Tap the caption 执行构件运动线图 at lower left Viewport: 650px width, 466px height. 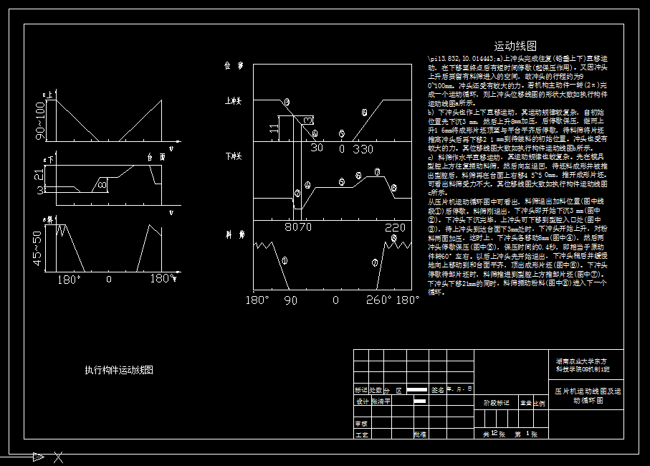point(118,370)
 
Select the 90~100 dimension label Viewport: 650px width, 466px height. point(41,119)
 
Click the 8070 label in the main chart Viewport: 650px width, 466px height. point(299,227)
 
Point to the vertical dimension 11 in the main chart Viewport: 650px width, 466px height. point(274,128)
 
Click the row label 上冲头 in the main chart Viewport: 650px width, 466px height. point(234,101)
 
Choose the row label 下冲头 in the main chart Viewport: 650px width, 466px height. point(234,156)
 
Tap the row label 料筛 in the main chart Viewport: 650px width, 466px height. point(234,234)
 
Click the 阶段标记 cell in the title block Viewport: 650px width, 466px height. point(496,403)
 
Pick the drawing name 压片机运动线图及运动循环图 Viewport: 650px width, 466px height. point(588,396)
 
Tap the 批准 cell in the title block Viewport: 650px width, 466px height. point(420,434)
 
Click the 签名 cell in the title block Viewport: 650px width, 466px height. point(438,390)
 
